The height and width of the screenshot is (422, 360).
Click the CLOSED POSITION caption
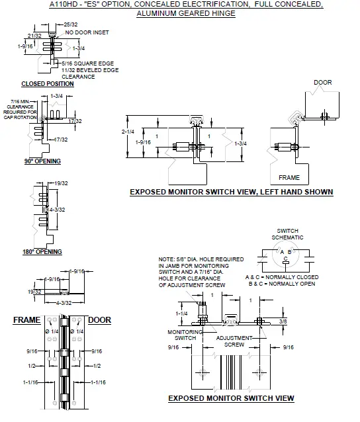click(47, 84)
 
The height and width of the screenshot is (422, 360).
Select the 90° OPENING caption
click(43, 161)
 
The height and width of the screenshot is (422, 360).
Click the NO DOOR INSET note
click(84, 32)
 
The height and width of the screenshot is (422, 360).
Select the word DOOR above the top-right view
click(322, 83)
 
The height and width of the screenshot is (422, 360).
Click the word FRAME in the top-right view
click(289, 177)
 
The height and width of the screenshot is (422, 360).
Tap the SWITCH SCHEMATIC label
click(290, 233)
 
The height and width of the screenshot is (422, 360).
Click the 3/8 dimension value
click(283, 321)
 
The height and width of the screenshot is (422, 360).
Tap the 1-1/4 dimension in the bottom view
click(183, 314)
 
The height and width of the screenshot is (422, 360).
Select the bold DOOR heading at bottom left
click(99, 320)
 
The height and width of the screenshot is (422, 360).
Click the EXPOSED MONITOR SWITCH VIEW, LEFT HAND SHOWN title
click(231, 192)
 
